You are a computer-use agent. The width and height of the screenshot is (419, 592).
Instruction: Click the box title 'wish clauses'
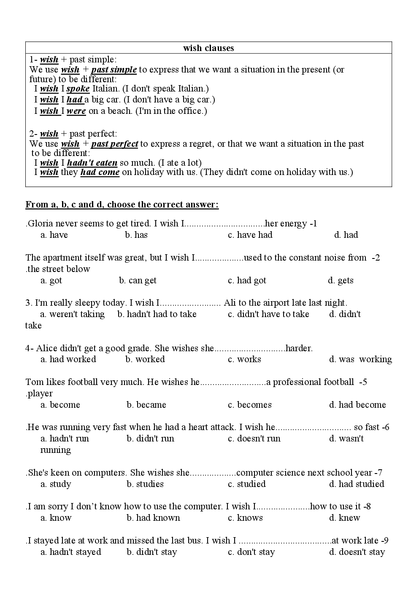[x=208, y=48]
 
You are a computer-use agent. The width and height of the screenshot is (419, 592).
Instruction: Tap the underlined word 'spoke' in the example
[x=78, y=89]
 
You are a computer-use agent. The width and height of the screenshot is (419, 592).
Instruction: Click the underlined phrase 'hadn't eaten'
[x=92, y=163]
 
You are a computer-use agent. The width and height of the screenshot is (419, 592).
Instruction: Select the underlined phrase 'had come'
[x=100, y=172]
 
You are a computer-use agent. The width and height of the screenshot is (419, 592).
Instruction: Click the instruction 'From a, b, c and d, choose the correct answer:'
[x=122, y=205]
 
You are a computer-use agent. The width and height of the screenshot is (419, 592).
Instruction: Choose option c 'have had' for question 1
[x=250, y=235]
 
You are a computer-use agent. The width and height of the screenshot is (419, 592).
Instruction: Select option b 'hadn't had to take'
[x=157, y=314]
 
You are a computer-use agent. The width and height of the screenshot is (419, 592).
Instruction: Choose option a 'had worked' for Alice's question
[x=68, y=359]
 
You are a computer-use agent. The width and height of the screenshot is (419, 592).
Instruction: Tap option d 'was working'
[x=360, y=359]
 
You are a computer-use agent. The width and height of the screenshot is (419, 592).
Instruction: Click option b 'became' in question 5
[x=146, y=405]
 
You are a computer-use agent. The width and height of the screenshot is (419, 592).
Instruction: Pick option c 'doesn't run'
[x=254, y=439]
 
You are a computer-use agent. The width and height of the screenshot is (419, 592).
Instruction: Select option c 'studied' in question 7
[x=247, y=484]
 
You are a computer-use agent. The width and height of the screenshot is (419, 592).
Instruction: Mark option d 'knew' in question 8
[x=345, y=518]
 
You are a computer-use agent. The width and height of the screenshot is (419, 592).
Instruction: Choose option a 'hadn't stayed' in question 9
[x=71, y=552]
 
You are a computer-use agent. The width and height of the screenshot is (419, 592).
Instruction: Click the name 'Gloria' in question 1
[x=40, y=223]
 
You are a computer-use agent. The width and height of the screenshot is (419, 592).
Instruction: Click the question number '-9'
[x=384, y=541]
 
